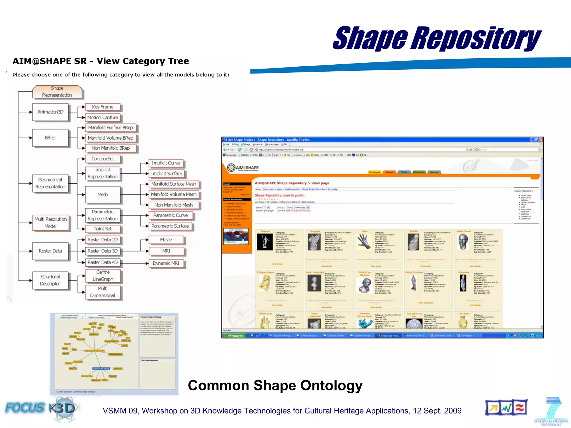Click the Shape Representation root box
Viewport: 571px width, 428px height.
click(57, 92)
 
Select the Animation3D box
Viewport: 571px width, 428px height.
click(50, 112)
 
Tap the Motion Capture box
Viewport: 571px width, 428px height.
click(103, 118)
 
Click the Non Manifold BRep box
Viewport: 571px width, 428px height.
click(111, 148)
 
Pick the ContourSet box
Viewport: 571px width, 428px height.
click(102, 159)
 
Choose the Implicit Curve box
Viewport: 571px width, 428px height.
click(166, 163)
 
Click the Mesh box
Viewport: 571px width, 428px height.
click(103, 194)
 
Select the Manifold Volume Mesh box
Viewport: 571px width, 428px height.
click(173, 194)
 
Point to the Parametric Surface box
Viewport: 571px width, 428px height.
click(170, 226)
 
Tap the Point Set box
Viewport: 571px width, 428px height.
click(102, 229)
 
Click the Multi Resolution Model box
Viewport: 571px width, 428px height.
click(50, 223)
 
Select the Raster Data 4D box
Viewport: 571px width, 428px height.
click(102, 262)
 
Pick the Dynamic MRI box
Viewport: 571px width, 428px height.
click(166, 263)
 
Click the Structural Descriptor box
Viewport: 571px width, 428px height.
click(50, 280)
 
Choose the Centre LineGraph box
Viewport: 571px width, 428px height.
click(103, 276)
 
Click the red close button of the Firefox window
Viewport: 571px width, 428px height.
click(541, 140)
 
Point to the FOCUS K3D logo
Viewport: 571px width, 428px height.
click(40, 408)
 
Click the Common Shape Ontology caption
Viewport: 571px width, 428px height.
click(275, 386)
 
